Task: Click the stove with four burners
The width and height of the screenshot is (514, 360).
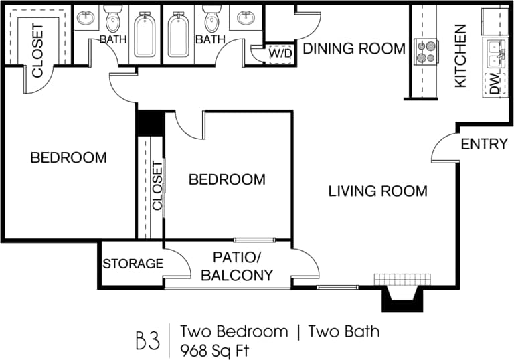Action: tap(424, 52)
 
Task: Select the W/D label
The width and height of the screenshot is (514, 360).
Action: tap(280, 52)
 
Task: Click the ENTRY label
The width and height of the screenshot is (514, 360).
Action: tap(484, 144)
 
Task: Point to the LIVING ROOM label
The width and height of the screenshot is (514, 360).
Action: tap(377, 191)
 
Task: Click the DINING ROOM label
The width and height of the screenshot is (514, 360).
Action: tap(354, 48)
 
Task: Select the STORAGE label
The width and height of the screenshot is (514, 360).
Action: tap(133, 264)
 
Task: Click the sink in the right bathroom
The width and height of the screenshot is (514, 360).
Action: tap(244, 18)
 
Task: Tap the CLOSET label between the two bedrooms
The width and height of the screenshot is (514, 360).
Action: tap(157, 185)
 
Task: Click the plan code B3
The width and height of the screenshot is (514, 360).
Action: tap(149, 339)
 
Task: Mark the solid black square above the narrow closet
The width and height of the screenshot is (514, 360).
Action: tap(149, 122)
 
